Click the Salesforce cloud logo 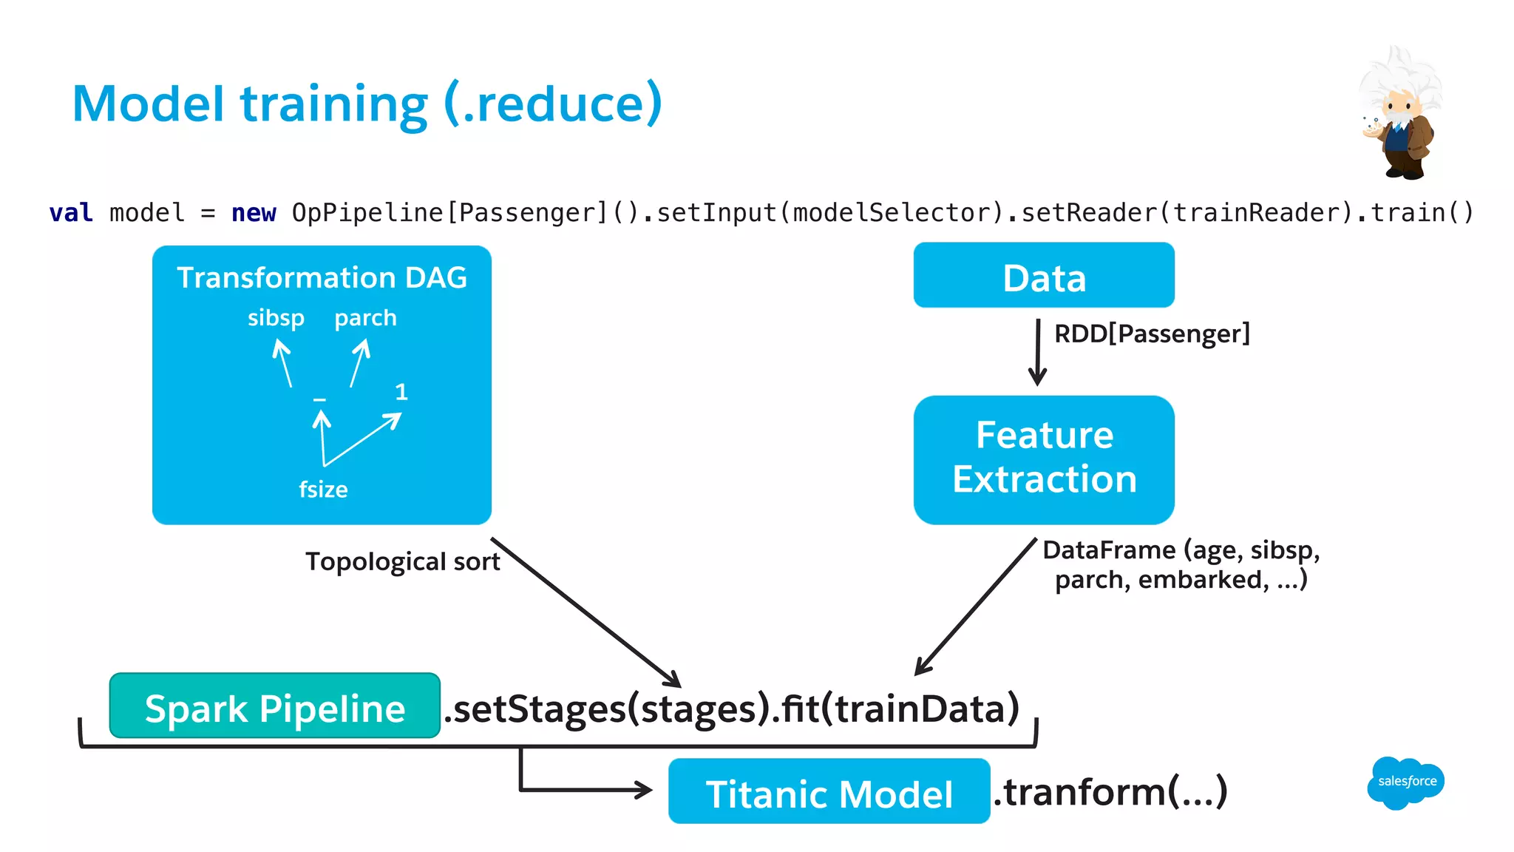tap(1405, 782)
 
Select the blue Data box tap(1043, 276)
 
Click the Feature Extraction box tap(1043, 459)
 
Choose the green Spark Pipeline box tap(274, 706)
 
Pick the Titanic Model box tap(828, 791)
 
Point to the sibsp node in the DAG tap(276, 318)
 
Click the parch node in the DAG tap(365, 318)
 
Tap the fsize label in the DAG tap(323, 490)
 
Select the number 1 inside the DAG tap(401, 392)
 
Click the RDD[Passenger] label tap(1151, 334)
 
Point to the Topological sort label tap(402, 561)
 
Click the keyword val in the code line tap(71, 213)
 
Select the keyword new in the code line tap(254, 213)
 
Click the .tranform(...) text tap(1110, 792)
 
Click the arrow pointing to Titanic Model tap(584, 789)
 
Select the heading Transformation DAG tap(322, 278)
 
